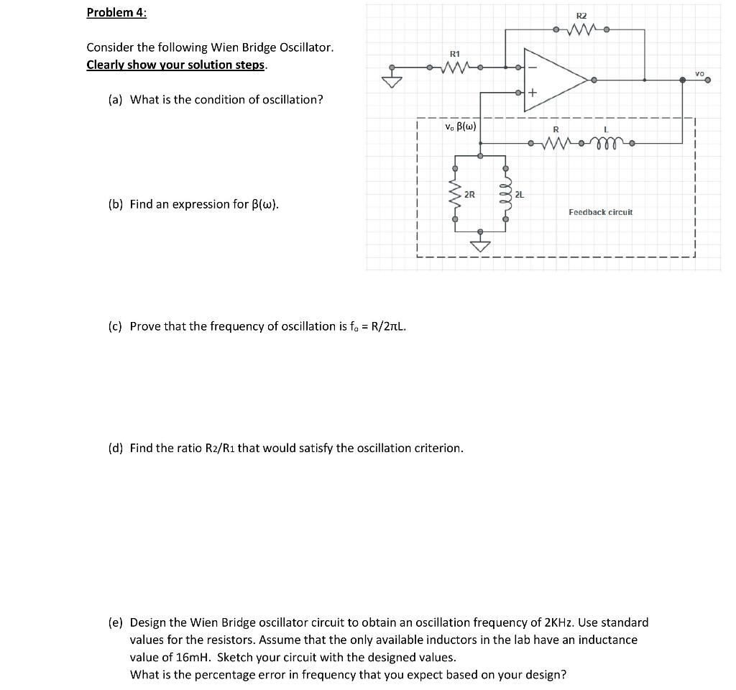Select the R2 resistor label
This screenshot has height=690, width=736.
coord(581,15)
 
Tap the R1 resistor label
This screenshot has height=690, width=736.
coord(454,54)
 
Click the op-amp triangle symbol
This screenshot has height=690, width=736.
coord(553,80)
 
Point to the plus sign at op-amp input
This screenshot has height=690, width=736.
coord(533,93)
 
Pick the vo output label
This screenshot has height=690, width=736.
coord(700,73)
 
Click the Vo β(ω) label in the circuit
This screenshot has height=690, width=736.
coord(460,126)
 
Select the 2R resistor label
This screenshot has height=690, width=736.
coord(469,194)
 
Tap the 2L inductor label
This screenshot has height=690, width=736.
coord(520,194)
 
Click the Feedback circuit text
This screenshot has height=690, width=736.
coord(600,212)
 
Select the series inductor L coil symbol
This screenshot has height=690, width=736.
coord(607,143)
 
